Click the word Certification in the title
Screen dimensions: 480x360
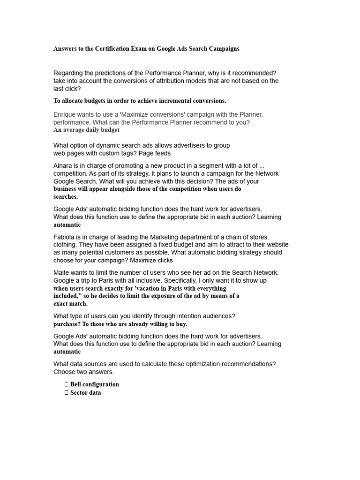click(x=110, y=49)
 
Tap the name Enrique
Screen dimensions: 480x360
click(x=65, y=114)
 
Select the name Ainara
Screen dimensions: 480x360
click(x=64, y=165)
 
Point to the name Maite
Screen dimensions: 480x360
click(x=62, y=272)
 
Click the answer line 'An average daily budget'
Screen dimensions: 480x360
click(x=86, y=130)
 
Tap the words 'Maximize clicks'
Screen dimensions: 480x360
click(x=151, y=260)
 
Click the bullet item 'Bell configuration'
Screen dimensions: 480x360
click(x=94, y=384)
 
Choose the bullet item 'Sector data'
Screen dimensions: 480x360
click(x=85, y=393)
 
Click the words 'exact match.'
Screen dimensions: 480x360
click(x=70, y=304)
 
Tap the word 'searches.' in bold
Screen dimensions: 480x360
click(x=66, y=197)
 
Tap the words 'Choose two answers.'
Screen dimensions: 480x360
click(x=83, y=372)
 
